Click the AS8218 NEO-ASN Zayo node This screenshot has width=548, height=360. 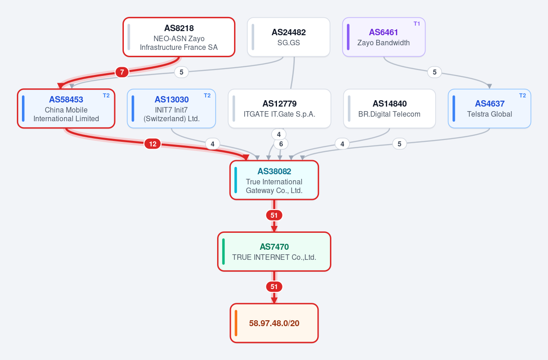pos(179,37)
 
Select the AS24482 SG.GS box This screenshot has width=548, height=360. pos(289,37)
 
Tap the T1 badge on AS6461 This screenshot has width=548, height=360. pos(416,24)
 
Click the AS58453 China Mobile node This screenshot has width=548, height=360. pos(66,108)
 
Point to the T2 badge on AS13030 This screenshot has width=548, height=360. pos(207,96)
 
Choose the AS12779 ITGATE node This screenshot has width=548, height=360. pos(280,108)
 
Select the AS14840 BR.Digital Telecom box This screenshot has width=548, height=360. pos(389,108)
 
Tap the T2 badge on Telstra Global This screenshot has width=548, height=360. pos(522,96)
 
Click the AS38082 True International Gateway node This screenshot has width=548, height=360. pos(274,180)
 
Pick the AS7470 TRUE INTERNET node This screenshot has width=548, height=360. pos(274,252)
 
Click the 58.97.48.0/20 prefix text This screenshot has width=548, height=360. pos(274,323)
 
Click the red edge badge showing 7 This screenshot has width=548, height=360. pos(122,72)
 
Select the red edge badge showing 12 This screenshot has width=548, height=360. pos(153,144)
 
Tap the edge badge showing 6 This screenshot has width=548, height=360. pos(281,144)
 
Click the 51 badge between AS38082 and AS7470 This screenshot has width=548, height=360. pos(274,215)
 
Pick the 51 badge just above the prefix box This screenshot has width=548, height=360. pos(274,287)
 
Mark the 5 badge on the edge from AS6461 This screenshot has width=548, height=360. pos(434,72)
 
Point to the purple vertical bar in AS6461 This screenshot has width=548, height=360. pos(348,37)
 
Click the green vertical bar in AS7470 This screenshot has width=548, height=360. pos(223,252)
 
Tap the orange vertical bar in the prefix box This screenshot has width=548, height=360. pos(236,323)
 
